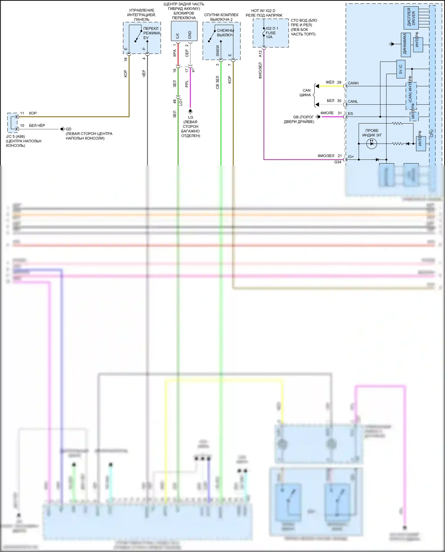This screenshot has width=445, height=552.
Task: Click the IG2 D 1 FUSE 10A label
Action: [272, 33]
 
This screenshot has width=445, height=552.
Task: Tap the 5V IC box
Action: [401, 69]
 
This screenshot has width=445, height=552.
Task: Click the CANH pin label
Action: [353, 83]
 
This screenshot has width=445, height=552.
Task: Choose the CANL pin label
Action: [353, 101]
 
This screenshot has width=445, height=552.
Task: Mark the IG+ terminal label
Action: [351, 157]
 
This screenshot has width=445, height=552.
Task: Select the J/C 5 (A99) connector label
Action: [15, 137]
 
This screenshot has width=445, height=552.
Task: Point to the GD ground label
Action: [69, 129]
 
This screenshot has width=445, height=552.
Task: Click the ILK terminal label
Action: [177, 36]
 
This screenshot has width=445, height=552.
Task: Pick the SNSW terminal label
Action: [217, 51]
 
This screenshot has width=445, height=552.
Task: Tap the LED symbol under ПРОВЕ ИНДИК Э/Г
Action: [371, 144]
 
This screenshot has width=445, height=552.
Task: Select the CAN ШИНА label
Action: [306, 93]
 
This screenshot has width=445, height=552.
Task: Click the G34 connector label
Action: [338, 162]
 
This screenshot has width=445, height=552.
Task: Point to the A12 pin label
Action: [260, 54]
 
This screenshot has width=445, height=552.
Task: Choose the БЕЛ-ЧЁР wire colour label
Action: [37, 125]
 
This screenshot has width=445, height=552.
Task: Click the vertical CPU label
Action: [432, 133]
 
